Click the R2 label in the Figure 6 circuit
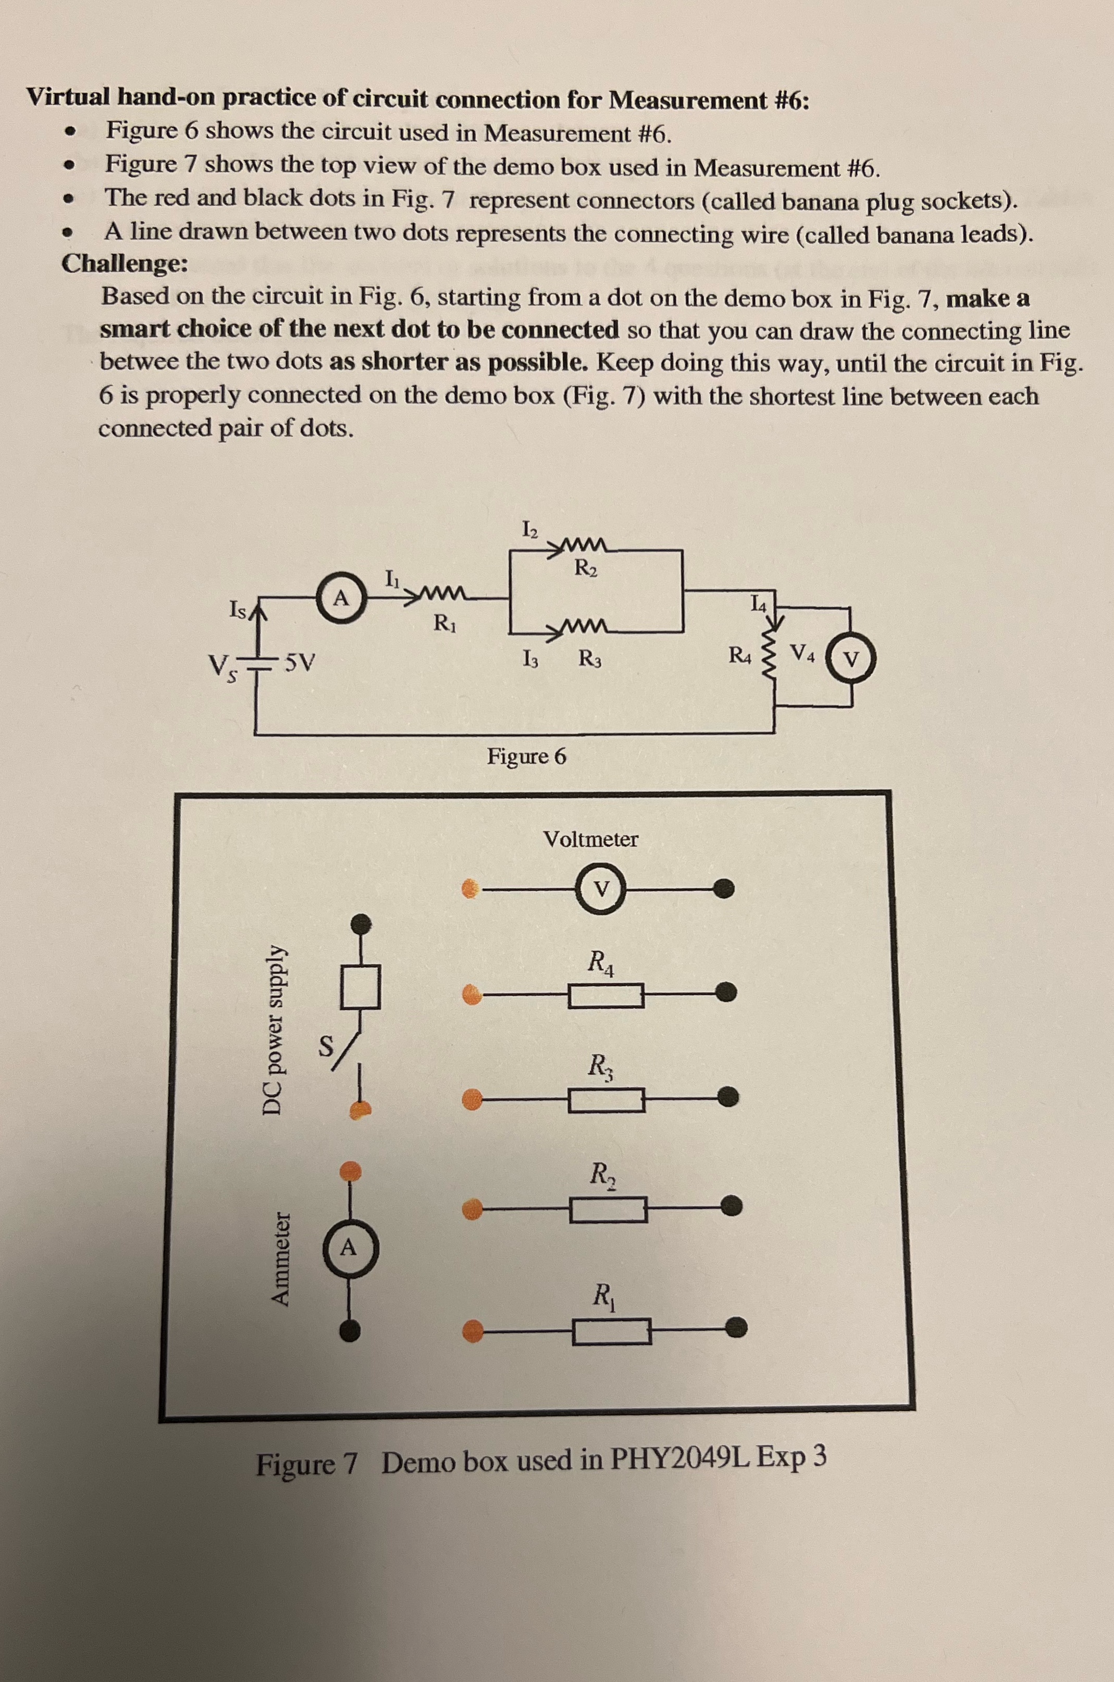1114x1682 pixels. (586, 568)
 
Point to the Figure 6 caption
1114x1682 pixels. (526, 757)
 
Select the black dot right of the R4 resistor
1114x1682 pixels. (725, 992)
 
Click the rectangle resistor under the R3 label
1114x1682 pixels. (606, 1100)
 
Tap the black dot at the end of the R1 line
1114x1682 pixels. (737, 1325)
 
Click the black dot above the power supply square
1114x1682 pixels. (362, 923)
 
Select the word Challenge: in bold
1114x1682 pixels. (125, 264)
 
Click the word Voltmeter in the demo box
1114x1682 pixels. (590, 839)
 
